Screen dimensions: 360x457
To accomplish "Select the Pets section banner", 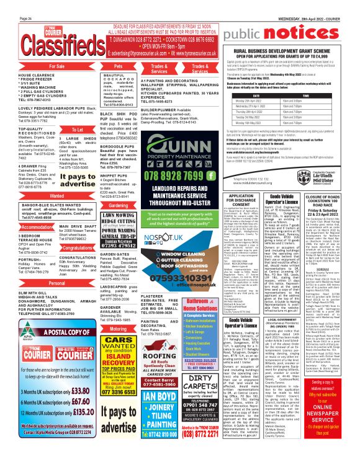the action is [117, 65].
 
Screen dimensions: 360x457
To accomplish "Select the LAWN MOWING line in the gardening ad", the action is [117, 215].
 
